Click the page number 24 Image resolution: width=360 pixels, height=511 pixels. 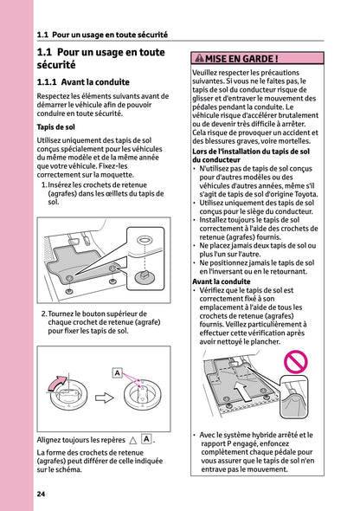pyautogui.click(x=41, y=494)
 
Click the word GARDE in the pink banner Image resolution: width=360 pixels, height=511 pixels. pyautogui.click(x=260, y=59)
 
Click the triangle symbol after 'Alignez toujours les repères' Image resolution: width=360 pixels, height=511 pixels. pyautogui.click(x=132, y=440)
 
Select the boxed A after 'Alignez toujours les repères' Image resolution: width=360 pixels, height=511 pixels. pyautogui.click(x=146, y=439)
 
